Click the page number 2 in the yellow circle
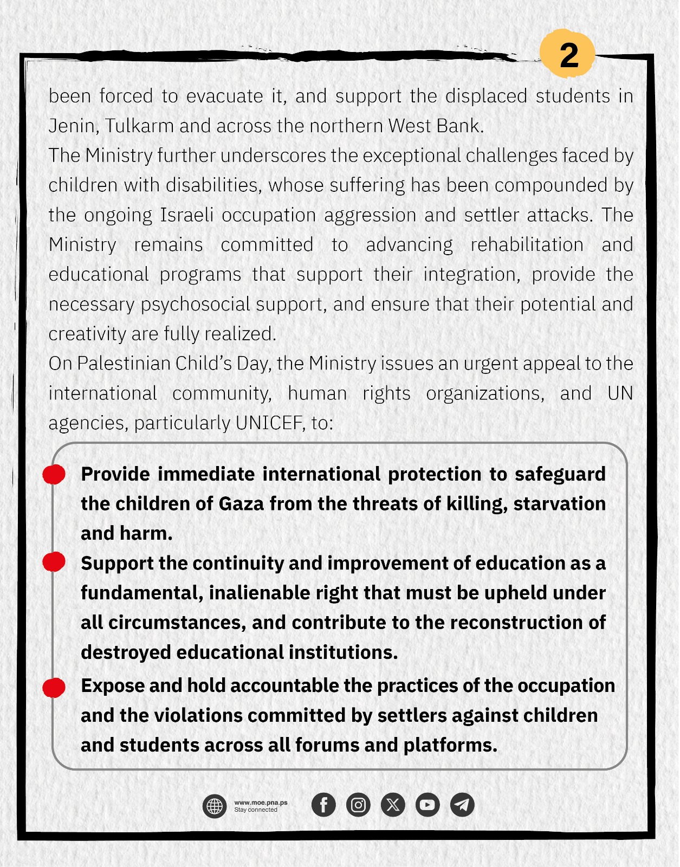click(x=568, y=55)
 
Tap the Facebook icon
click(x=323, y=805)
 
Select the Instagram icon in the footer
click(x=358, y=805)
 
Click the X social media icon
click(x=393, y=805)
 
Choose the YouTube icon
click(x=428, y=805)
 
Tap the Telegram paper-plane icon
click(x=462, y=805)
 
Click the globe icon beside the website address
click(x=215, y=806)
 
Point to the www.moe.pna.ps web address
click(x=261, y=803)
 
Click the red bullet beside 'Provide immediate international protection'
click(x=54, y=474)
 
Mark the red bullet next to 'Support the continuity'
click(x=54, y=562)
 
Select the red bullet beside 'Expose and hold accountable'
click(x=54, y=687)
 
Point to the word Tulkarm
click(x=139, y=126)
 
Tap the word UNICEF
click(x=270, y=423)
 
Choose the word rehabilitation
click(x=527, y=245)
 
